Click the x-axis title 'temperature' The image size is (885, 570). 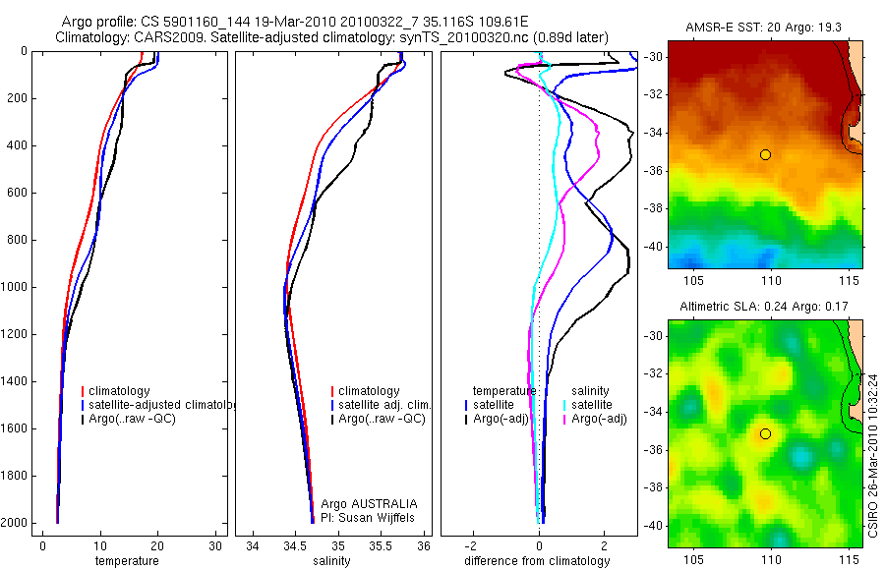pos(127,561)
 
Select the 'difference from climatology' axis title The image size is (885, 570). pos(539,561)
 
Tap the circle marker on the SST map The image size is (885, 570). pos(765,154)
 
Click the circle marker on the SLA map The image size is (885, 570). pos(765,433)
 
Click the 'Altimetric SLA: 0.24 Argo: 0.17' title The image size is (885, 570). pos(765,308)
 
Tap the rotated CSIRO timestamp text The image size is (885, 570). pos(874,452)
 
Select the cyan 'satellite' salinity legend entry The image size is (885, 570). pos(590,404)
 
